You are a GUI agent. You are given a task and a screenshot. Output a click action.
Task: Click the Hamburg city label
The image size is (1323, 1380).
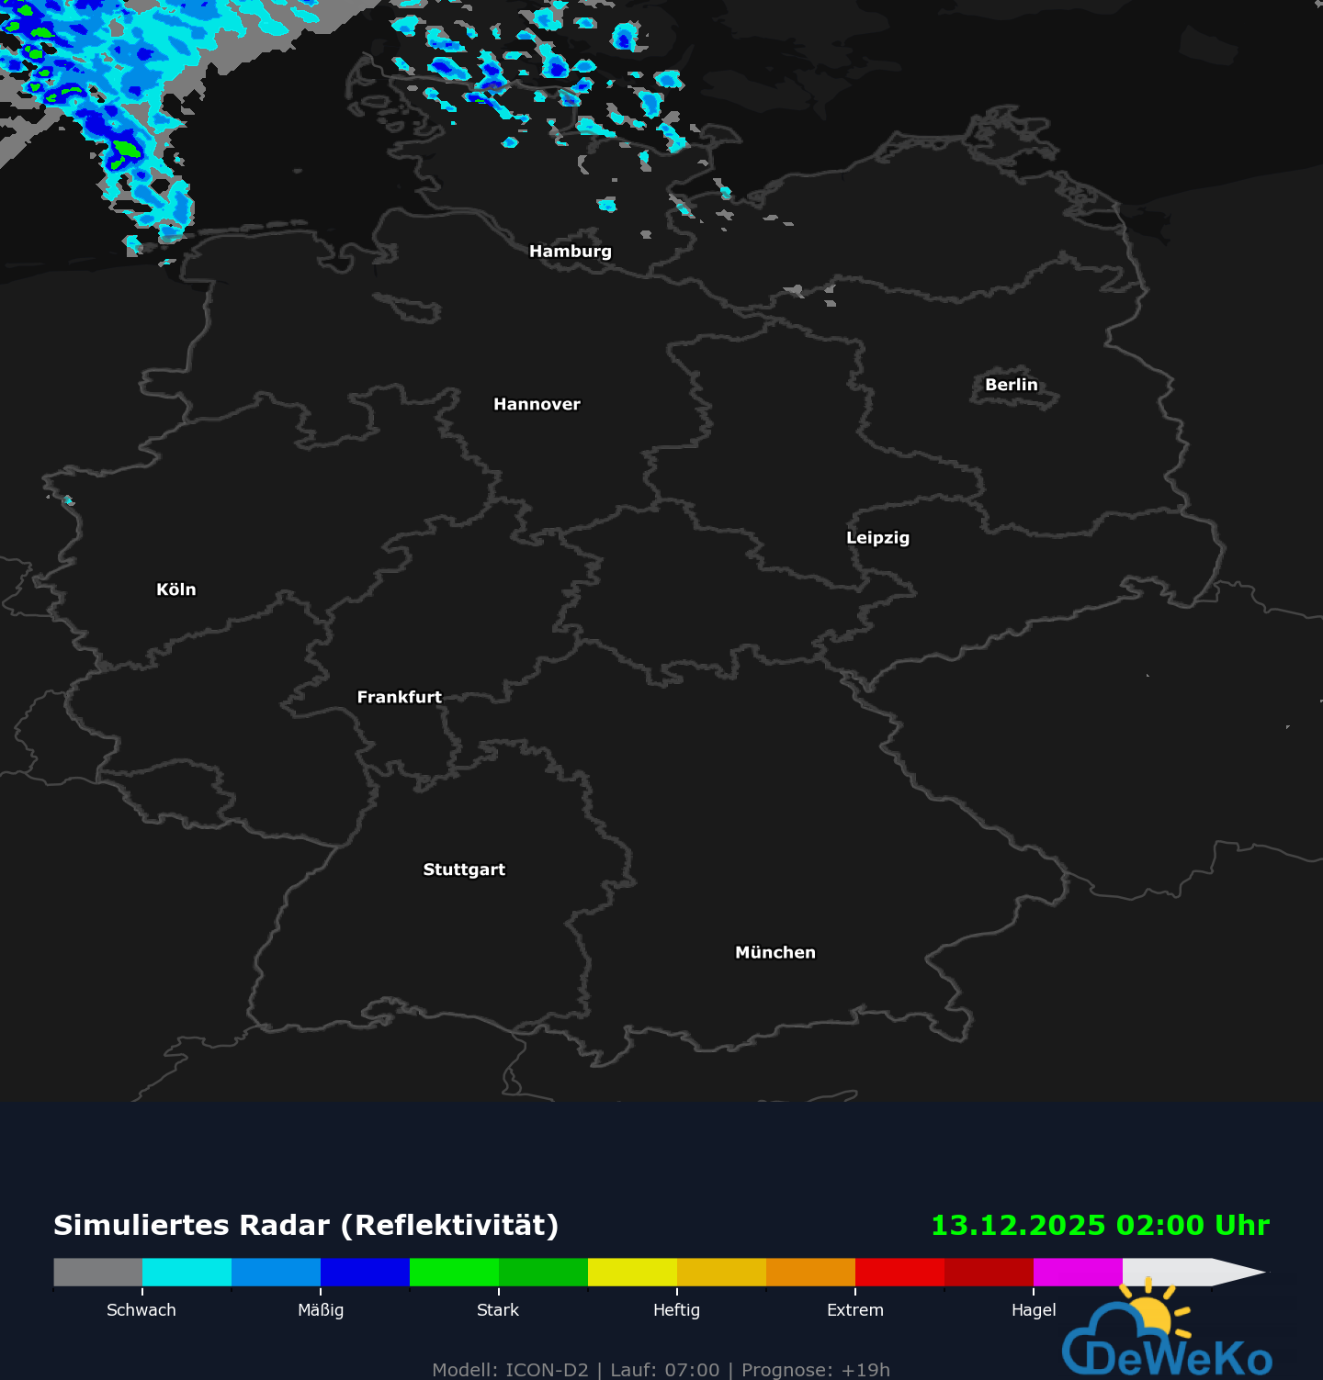(570, 252)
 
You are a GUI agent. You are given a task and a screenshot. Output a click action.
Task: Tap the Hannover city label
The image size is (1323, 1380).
(537, 404)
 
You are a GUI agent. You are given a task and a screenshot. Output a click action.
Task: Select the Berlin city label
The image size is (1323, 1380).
(1011, 385)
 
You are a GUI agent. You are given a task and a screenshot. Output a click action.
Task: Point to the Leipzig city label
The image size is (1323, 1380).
(877, 538)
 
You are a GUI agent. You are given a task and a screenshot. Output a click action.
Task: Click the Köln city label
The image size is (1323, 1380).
(176, 589)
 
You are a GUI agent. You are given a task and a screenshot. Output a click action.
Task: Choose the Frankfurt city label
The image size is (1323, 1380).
(399, 697)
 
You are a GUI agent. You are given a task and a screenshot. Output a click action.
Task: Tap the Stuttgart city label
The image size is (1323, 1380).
(464, 870)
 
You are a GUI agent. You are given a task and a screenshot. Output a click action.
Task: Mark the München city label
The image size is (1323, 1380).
(775, 952)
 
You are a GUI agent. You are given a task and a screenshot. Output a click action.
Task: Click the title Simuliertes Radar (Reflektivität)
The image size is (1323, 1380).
(306, 1225)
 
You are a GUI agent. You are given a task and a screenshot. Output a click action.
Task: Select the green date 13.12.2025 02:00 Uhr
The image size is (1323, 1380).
(1100, 1225)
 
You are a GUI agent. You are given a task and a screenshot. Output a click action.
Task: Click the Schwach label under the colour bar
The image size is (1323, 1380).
(141, 1310)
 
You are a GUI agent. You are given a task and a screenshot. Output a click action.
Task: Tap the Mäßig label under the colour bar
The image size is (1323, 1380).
(321, 1310)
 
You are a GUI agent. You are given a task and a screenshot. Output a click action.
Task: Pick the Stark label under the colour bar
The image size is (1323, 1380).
(498, 1310)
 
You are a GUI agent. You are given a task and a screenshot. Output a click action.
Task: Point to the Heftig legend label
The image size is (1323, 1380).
(676, 1310)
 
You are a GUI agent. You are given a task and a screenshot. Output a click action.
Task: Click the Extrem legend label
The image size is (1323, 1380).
(854, 1310)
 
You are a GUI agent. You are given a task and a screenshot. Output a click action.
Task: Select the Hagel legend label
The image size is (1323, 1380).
(1034, 1310)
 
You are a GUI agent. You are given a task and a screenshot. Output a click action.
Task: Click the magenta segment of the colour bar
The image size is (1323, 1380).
(1078, 1272)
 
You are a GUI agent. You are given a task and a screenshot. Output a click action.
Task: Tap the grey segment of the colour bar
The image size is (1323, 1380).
(97, 1272)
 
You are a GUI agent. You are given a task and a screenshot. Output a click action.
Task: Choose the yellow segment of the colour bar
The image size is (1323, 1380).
(632, 1272)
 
